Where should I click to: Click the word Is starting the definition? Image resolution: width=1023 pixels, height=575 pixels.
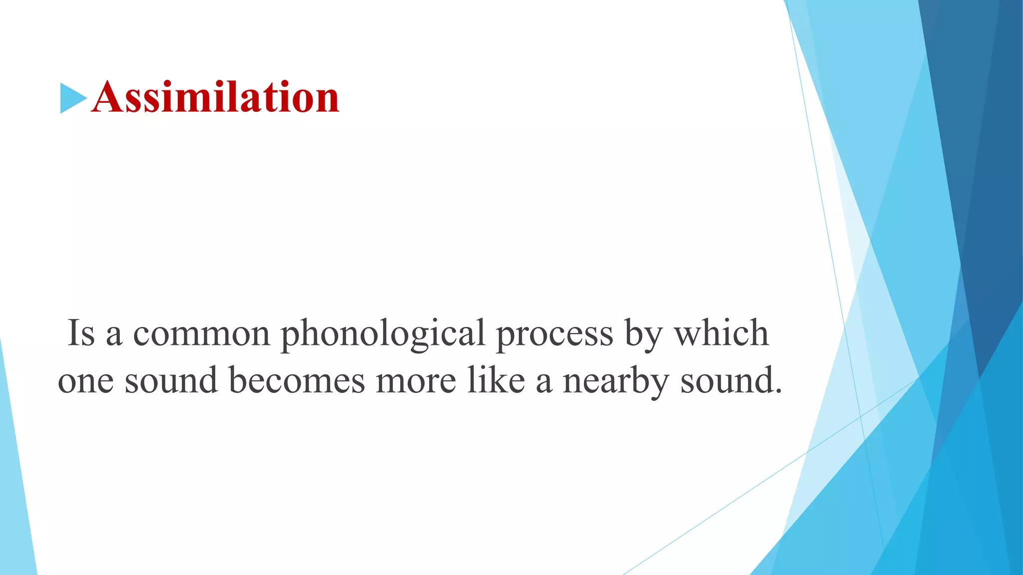point(81,333)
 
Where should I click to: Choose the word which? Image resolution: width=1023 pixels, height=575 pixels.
point(722,333)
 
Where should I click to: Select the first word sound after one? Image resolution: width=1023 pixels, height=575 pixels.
point(171,380)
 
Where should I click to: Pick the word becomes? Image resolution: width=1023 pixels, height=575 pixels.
point(297,380)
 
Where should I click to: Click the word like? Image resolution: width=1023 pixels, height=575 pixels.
point(496,380)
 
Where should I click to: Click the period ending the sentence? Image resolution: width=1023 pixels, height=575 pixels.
point(778,391)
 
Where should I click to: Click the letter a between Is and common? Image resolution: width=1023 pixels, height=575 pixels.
point(114,335)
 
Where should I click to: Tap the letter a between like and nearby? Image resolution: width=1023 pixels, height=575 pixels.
point(544,382)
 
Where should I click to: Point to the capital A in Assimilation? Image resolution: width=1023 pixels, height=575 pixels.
point(108,97)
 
